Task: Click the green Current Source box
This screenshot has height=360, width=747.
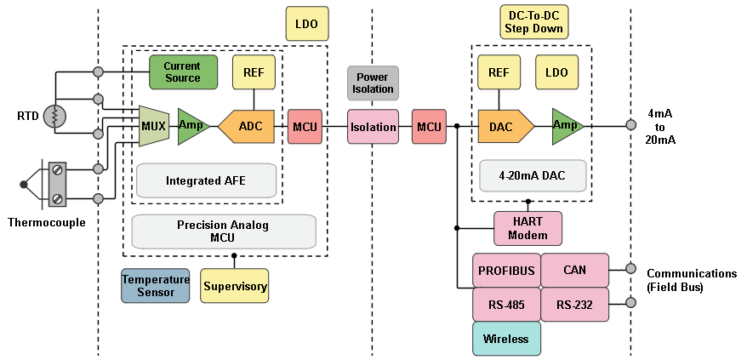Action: click(182, 72)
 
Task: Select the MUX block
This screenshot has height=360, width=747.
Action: click(154, 126)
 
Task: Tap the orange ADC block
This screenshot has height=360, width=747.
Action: click(248, 126)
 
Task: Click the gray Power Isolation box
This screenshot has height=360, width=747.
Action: click(373, 83)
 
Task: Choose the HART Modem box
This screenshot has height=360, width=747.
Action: click(527, 227)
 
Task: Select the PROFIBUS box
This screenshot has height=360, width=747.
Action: click(506, 271)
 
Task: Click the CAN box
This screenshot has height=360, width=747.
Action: click(575, 271)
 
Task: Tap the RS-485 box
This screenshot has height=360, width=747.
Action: click(506, 305)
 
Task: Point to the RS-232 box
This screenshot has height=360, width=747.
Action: click(575, 305)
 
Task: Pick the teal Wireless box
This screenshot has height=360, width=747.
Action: click(506, 339)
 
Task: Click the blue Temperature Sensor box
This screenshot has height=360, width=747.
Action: click(154, 286)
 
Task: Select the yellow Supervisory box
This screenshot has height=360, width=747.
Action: click(235, 286)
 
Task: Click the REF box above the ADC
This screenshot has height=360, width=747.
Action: click(254, 72)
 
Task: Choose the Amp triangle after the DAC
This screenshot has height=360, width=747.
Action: click(567, 126)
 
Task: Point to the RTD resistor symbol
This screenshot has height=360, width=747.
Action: click(54, 116)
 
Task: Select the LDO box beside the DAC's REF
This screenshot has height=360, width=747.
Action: click(557, 72)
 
